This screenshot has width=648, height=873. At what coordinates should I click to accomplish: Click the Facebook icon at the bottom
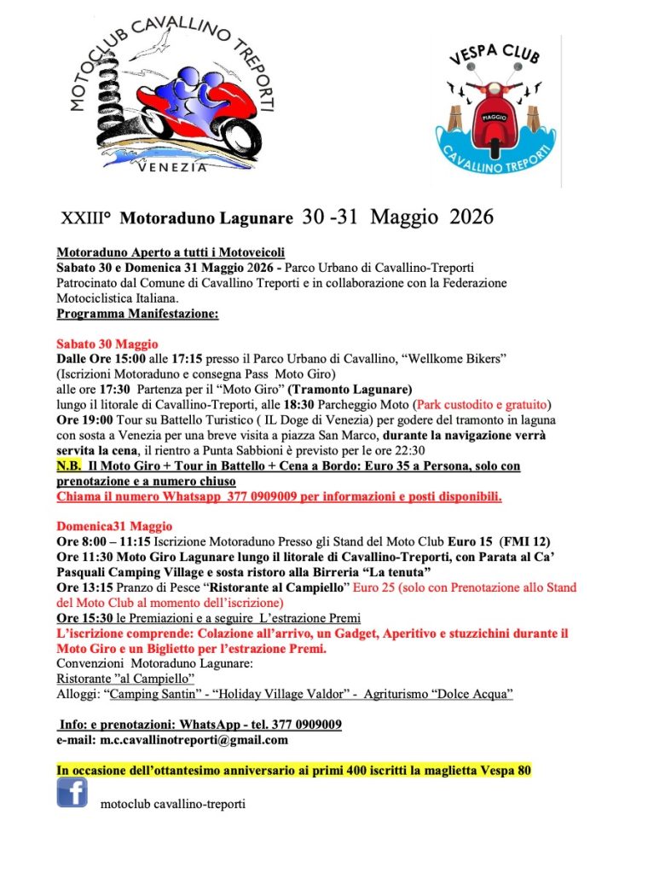[72, 793]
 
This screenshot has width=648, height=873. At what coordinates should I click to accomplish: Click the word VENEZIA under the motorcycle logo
[172, 167]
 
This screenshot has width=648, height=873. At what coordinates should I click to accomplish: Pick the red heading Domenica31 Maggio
[114, 526]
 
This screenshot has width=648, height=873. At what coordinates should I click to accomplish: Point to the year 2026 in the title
[465, 217]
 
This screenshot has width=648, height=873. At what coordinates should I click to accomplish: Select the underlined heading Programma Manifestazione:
[137, 313]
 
